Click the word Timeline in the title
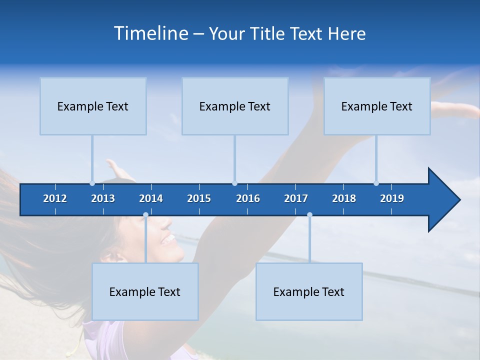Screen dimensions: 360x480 click(x=150, y=33)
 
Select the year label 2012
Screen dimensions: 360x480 click(x=55, y=198)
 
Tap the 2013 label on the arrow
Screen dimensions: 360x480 click(x=103, y=198)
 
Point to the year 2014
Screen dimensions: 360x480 click(x=151, y=198)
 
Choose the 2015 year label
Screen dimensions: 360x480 click(x=199, y=198)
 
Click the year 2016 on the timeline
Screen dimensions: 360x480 click(x=248, y=198)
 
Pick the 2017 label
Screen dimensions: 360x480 click(x=296, y=198)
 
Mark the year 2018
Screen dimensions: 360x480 click(x=344, y=198)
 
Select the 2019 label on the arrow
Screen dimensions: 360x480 click(x=392, y=198)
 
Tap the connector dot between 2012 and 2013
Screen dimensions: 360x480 click(x=92, y=183)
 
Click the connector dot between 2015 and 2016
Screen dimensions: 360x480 click(x=234, y=183)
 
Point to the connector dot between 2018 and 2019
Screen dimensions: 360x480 click(x=376, y=183)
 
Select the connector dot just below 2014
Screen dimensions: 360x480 click(x=145, y=215)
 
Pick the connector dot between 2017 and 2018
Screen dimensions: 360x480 click(x=309, y=215)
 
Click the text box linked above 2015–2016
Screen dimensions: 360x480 click(x=234, y=106)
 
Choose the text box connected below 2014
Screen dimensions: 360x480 click(x=145, y=291)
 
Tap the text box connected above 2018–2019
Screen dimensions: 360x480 click(x=376, y=106)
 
